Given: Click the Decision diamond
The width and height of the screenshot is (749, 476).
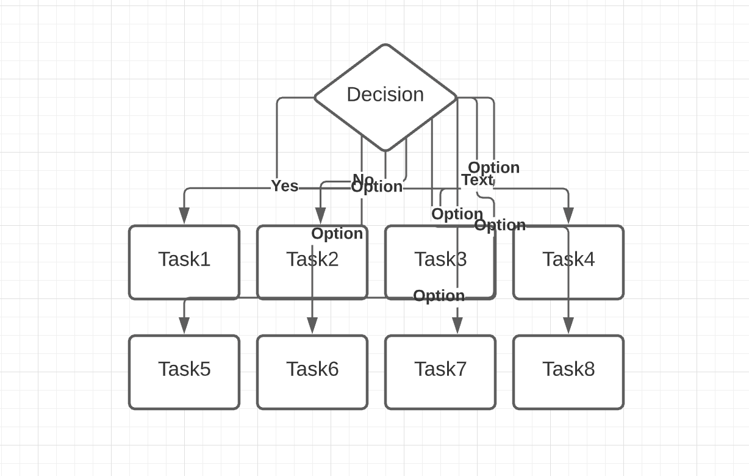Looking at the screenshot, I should pos(385,95).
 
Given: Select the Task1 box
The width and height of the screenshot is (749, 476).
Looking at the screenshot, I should pos(184,262).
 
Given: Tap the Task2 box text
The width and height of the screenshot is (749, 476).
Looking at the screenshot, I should pos(312,259).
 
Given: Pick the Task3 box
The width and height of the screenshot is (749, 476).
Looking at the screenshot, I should pos(440,262).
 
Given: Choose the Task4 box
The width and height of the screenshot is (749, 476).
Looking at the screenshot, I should pos(568,262).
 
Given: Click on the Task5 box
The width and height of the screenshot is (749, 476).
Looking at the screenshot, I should pos(184,372).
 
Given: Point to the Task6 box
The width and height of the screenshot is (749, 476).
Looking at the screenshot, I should pos(312,372).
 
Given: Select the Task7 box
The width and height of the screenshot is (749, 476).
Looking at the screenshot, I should pos(440,372).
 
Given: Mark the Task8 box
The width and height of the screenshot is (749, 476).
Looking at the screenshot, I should pos(568,372).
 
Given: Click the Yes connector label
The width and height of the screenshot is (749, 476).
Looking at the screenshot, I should pos(284,186).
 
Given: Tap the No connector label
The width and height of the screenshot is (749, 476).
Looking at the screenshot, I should pos(363,179).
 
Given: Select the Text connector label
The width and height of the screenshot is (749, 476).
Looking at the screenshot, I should pos(477,180).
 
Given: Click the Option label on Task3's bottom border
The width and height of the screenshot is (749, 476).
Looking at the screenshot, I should pos(439,296).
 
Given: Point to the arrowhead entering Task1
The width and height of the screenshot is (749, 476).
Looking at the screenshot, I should pos(184,216).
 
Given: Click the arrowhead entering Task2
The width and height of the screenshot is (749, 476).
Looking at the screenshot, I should pos(320,216).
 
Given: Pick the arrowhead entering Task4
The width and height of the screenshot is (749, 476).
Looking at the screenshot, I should pos(568,216).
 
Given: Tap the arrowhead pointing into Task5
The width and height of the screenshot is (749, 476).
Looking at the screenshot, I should pos(184,326).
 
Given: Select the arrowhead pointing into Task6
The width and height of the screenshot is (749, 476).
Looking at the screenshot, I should pos(312,326).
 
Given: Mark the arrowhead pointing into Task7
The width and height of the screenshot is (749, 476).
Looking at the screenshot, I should pos(457,326).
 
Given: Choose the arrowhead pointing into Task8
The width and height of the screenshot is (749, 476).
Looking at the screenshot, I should pos(568,326).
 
